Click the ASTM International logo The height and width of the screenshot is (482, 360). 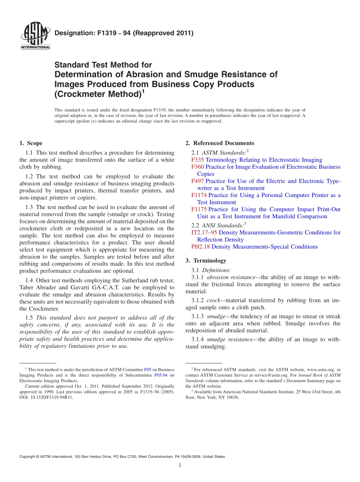pos(35,36)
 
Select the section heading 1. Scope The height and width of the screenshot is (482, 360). pos(31,143)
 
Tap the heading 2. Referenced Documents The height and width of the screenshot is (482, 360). pos(220,143)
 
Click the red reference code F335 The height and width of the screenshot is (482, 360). pos(198,160)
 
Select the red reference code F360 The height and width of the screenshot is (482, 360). pos(198,167)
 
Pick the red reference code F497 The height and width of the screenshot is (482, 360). pos(198,181)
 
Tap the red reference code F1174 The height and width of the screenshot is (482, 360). pos(199,196)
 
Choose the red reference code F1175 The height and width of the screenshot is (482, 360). pos(199,210)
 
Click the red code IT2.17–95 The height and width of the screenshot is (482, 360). pos(204,233)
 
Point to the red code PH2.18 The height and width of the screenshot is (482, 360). pos(200,247)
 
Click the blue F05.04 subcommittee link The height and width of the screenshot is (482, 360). pos(161,375)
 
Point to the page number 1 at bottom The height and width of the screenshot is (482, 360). pos(180,466)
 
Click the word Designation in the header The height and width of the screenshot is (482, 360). pos(72,33)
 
